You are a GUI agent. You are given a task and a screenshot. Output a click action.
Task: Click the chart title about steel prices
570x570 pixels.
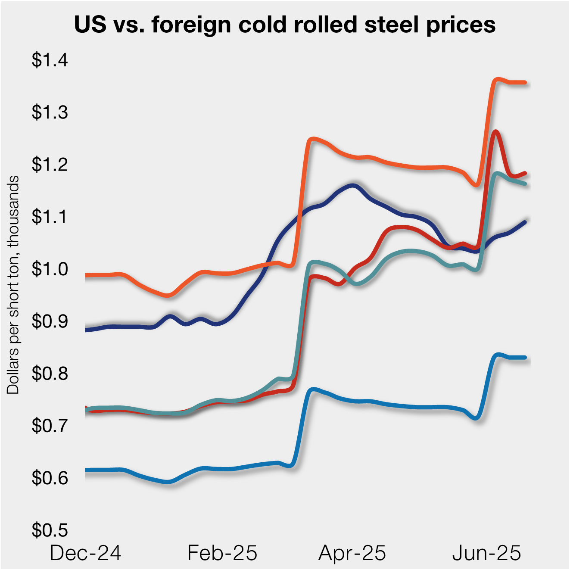[285, 25]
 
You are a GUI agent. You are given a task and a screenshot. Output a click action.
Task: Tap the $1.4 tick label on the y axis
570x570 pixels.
[50, 60]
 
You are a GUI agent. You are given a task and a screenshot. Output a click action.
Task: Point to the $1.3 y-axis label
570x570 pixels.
[50, 112]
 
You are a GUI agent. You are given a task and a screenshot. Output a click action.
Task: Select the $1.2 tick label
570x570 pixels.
[50, 165]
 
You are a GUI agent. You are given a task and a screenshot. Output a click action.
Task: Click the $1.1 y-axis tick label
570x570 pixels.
[50, 217]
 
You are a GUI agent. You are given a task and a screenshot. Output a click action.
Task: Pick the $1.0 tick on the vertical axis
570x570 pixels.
[50, 269]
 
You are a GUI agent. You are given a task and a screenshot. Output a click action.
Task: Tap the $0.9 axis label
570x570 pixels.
[50, 321]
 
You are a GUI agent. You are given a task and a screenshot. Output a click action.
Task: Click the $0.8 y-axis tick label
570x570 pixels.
[50, 374]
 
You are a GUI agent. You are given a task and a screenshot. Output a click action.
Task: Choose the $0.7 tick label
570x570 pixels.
[50, 426]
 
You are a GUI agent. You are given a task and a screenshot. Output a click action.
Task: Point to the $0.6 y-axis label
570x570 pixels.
[50, 478]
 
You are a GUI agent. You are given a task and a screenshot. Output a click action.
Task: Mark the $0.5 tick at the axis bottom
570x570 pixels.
[50, 530]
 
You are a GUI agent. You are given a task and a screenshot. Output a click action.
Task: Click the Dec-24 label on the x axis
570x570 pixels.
[85, 553]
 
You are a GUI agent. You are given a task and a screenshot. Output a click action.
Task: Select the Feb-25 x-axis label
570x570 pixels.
[222, 553]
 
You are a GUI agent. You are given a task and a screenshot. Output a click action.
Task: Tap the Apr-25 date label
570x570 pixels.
[352, 553]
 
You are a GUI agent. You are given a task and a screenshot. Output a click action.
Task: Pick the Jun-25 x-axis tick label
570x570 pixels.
[486, 553]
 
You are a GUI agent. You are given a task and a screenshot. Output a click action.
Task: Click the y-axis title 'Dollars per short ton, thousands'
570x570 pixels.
[13, 284]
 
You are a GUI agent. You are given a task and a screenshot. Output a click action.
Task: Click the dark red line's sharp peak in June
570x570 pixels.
[496, 132]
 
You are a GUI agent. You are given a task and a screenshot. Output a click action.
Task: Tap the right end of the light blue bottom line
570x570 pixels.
[525, 358]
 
